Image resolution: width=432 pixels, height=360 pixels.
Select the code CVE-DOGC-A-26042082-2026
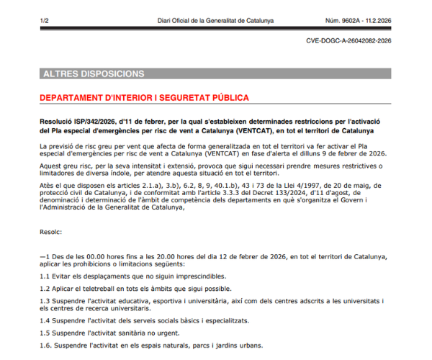tap(348, 41)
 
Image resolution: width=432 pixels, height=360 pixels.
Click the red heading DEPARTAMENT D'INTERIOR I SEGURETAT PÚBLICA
tap(144, 97)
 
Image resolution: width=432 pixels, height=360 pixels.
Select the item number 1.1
tap(45, 276)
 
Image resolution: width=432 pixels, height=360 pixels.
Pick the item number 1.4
tap(45, 321)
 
